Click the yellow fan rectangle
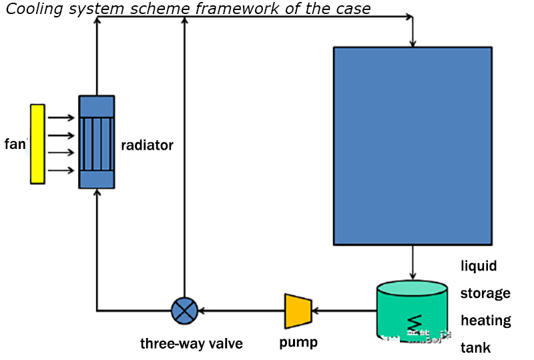pos(37,144)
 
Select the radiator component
pos(97,142)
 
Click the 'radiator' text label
pos(147,145)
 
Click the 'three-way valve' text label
pos(191,344)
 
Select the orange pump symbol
pos(298,311)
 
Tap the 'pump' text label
pos(298,343)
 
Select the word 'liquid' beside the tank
pos(479,266)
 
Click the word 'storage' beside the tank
pos(485,293)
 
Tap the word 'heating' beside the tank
pos(485,321)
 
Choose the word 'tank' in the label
pos(475,348)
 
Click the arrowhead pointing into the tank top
pos(413,275)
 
